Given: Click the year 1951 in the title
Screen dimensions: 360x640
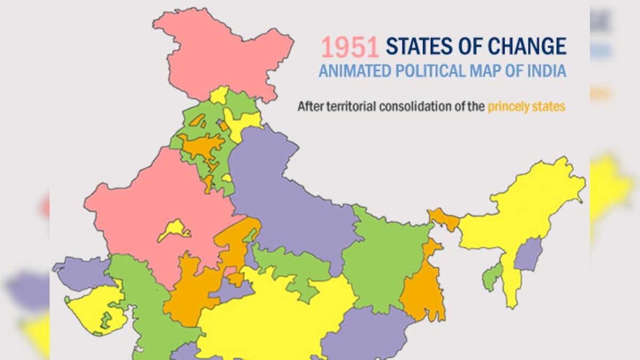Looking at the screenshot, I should [349, 46].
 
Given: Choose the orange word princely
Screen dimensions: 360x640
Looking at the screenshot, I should [510, 107].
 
